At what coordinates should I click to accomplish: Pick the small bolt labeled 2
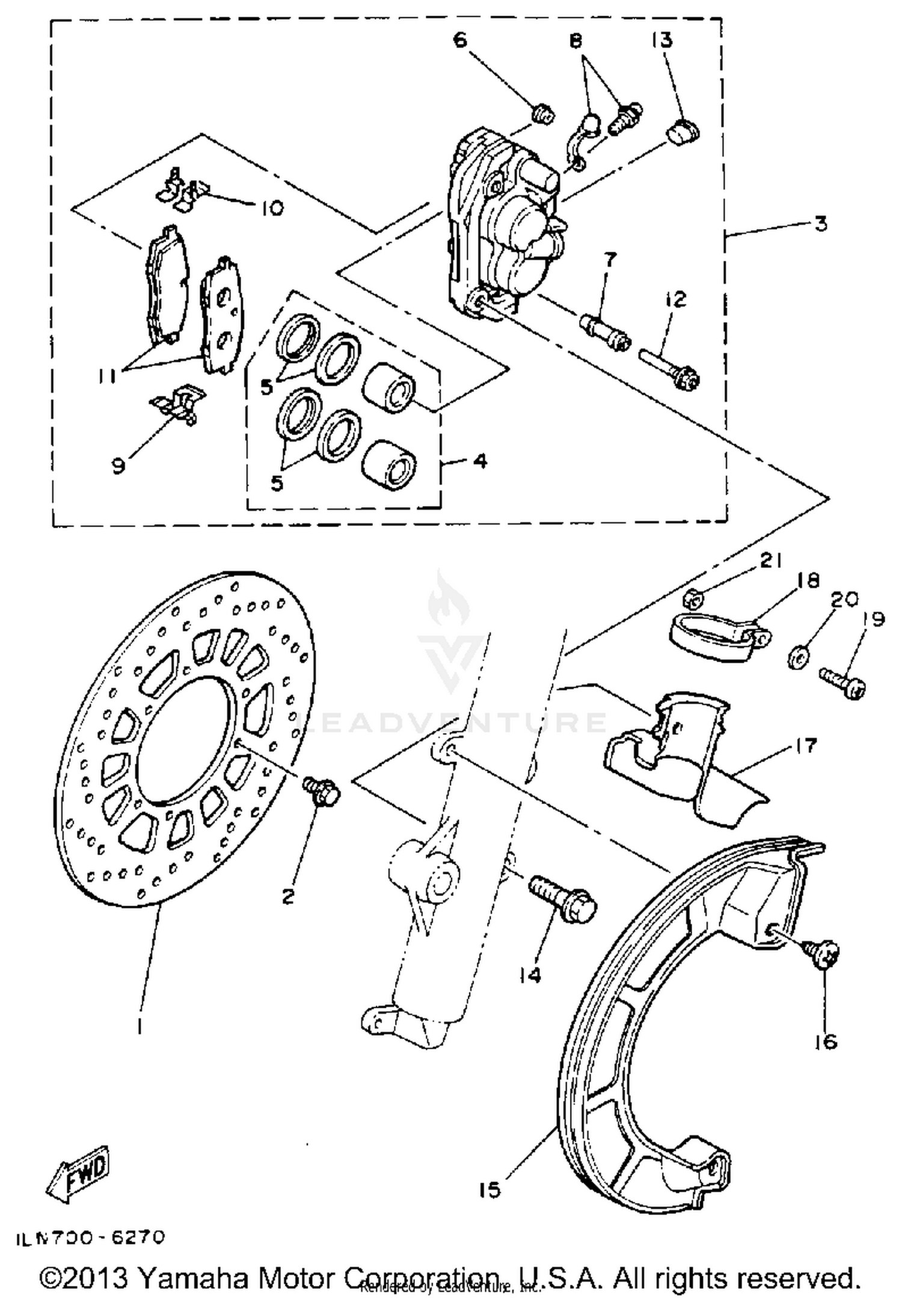321,790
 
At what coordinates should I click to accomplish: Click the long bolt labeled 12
668,366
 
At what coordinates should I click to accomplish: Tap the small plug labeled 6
543,114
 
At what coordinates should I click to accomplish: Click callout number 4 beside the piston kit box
480,462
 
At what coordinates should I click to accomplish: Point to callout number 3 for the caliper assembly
821,224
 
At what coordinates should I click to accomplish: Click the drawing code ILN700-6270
90,1237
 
